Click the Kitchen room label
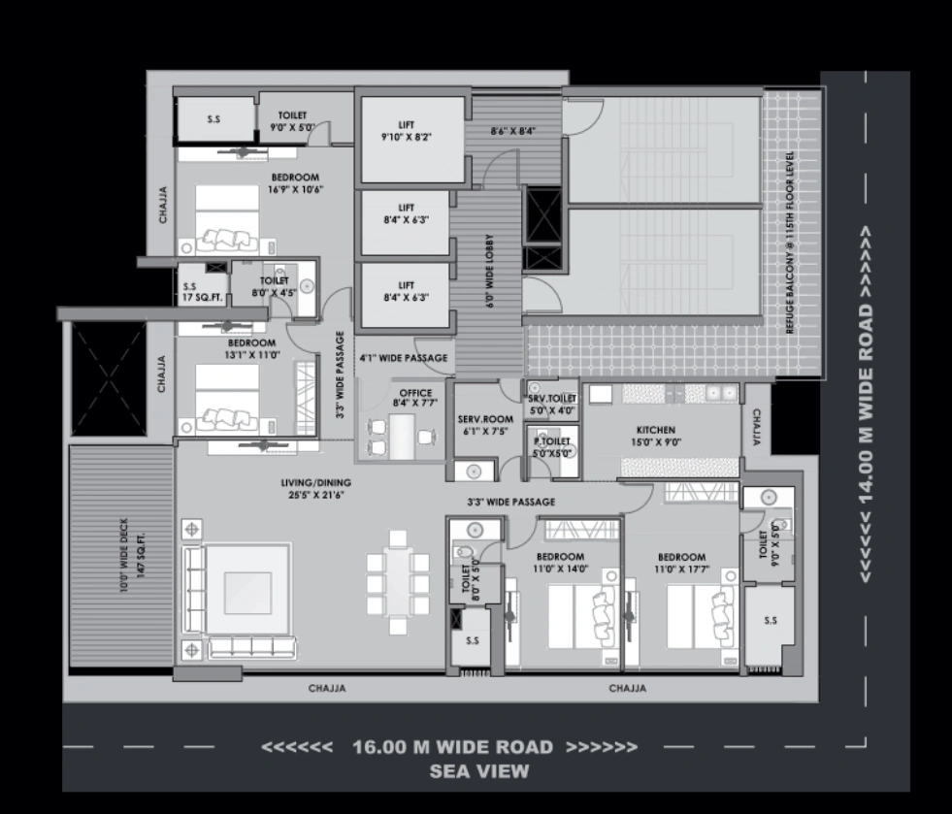click(x=655, y=436)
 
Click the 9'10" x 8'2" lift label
click(x=407, y=130)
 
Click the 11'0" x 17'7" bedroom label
click(x=681, y=563)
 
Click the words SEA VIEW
click(x=479, y=772)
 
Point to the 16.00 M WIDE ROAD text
click(x=452, y=748)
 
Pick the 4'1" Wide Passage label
click(x=403, y=358)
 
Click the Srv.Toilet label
click(x=552, y=405)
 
